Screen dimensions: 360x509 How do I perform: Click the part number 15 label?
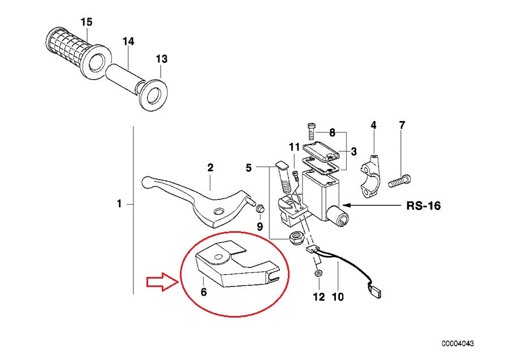86,22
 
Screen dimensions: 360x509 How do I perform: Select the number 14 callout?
128,41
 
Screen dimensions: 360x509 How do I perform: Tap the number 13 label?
162,59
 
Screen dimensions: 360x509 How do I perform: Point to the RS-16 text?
423,206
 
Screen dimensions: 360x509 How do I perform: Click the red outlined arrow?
161,283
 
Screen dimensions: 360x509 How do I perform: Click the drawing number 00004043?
458,343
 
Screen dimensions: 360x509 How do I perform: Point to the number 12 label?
319,297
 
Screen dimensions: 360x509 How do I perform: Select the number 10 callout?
338,297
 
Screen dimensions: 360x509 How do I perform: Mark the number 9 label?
260,226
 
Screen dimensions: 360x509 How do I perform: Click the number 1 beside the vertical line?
119,203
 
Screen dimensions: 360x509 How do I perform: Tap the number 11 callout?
294,147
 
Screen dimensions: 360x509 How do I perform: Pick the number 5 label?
248,167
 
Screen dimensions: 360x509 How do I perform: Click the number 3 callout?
353,151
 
